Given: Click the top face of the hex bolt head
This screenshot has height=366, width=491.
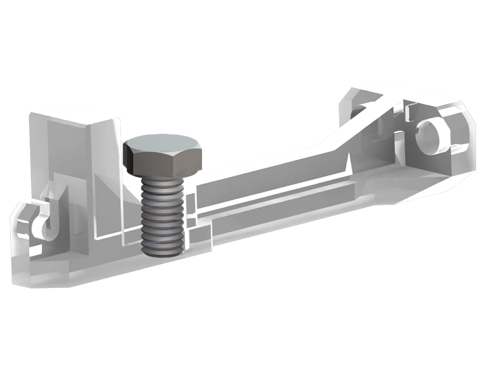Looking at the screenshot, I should click(163, 143).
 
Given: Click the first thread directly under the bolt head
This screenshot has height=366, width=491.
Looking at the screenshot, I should click(163, 184).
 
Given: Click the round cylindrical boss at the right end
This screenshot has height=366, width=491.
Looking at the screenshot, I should click(431, 136).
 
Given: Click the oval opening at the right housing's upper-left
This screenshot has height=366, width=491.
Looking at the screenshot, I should click(363, 109).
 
